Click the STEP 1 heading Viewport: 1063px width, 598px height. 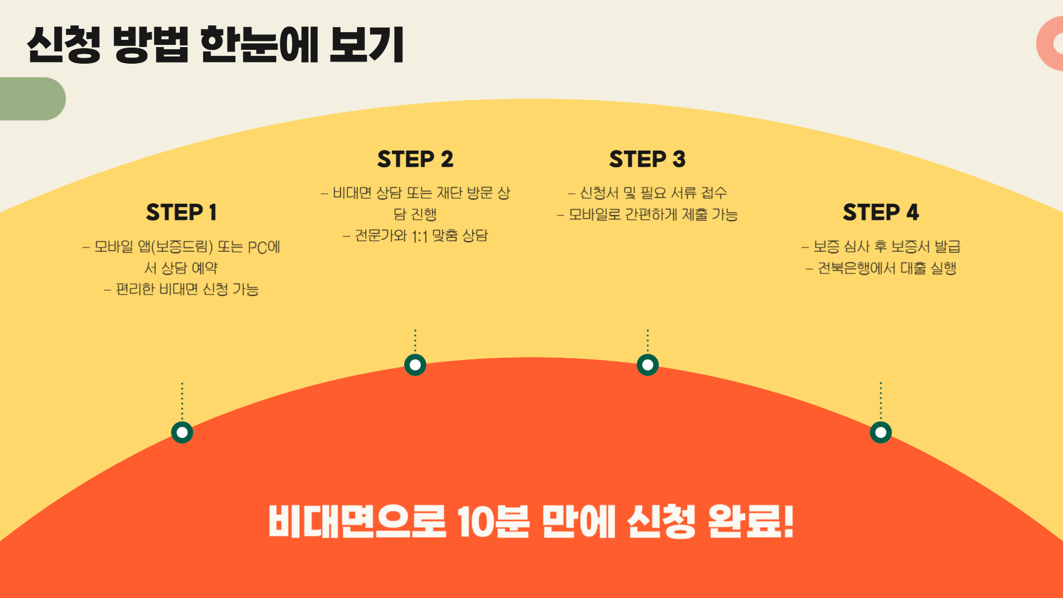181,212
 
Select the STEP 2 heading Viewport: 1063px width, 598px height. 415,159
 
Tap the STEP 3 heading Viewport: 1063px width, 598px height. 647,159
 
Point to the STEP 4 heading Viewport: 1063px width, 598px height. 880,212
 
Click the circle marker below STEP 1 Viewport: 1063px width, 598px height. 182,432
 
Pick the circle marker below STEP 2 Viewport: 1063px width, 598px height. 415,365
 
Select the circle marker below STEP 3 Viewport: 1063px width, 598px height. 648,365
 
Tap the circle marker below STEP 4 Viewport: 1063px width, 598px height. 881,432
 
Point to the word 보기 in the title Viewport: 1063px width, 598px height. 367,44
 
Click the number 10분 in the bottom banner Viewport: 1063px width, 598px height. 493,521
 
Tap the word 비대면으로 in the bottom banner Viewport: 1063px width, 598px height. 357,521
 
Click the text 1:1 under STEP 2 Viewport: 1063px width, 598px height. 420,236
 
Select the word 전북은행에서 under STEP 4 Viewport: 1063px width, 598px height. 856,269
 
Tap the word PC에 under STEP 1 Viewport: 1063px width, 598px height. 264,247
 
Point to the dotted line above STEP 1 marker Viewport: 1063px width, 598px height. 182,400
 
